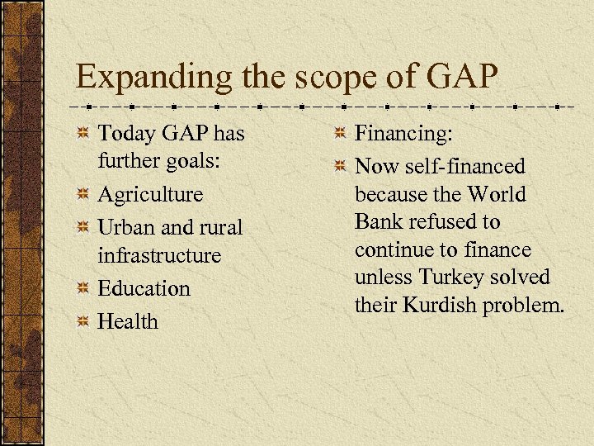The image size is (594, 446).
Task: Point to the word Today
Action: [x=124, y=133]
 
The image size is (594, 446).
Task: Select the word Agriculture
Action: [x=150, y=194]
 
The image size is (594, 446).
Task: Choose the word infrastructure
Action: [x=159, y=256]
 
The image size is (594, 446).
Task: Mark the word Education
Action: [x=144, y=288]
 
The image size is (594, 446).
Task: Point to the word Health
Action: [x=127, y=321]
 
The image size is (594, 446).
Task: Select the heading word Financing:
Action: [x=403, y=133]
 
